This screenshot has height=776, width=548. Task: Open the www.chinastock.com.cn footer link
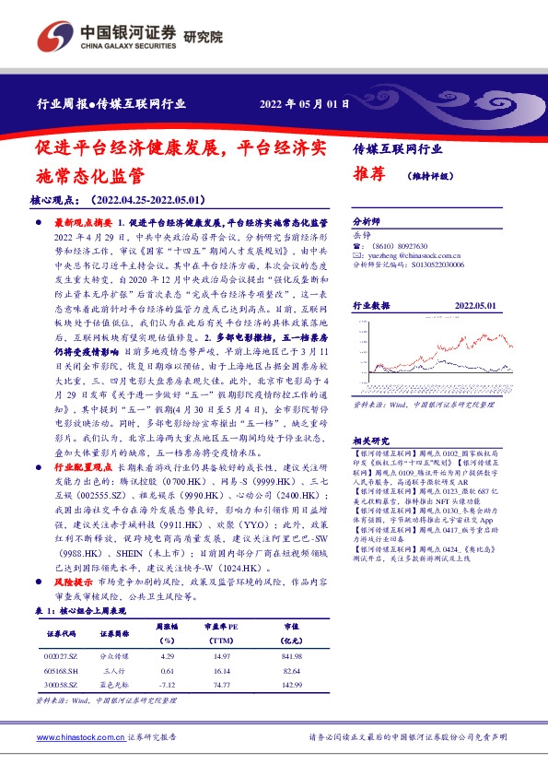coord(79,738)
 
